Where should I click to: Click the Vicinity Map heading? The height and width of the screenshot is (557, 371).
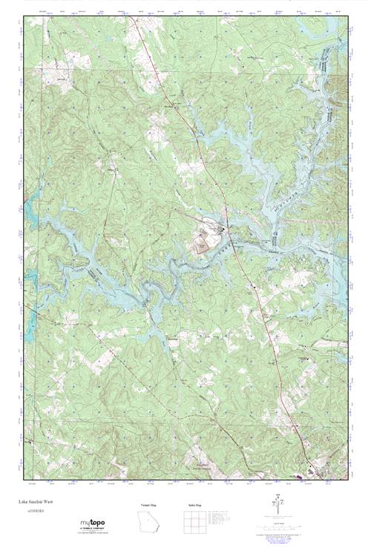(148, 505)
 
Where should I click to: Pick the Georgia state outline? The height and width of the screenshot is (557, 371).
(148, 523)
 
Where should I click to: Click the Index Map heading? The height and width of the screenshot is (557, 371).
(194, 505)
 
